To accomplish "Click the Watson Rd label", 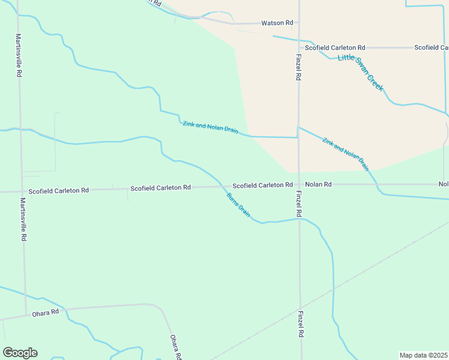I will (277, 23).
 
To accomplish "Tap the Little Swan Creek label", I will (360, 72).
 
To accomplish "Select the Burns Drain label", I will (238, 204).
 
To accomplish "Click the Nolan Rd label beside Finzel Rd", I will (318, 185).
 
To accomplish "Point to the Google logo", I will (20, 353).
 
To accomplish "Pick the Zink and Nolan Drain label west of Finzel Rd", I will (211, 127).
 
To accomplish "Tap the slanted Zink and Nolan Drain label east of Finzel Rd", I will (345, 154).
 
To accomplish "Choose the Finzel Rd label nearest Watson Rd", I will (298, 67).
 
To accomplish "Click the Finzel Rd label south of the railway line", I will (301, 324).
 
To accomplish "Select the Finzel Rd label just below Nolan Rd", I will (298, 204).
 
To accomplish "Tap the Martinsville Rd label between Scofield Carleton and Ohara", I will (23, 219).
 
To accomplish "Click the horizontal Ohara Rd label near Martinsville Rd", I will (46, 312).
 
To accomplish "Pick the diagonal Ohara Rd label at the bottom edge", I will (175, 347).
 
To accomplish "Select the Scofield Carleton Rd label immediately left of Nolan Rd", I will (262, 185).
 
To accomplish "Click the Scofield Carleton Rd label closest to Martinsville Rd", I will (58, 190).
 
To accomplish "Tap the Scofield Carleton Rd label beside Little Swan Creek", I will (335, 47).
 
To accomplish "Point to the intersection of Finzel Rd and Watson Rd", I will (298, 23).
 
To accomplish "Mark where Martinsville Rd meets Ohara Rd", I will (26, 314).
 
